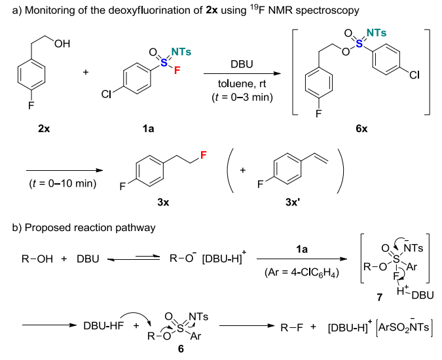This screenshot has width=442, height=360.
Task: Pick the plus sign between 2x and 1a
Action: point(86,71)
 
